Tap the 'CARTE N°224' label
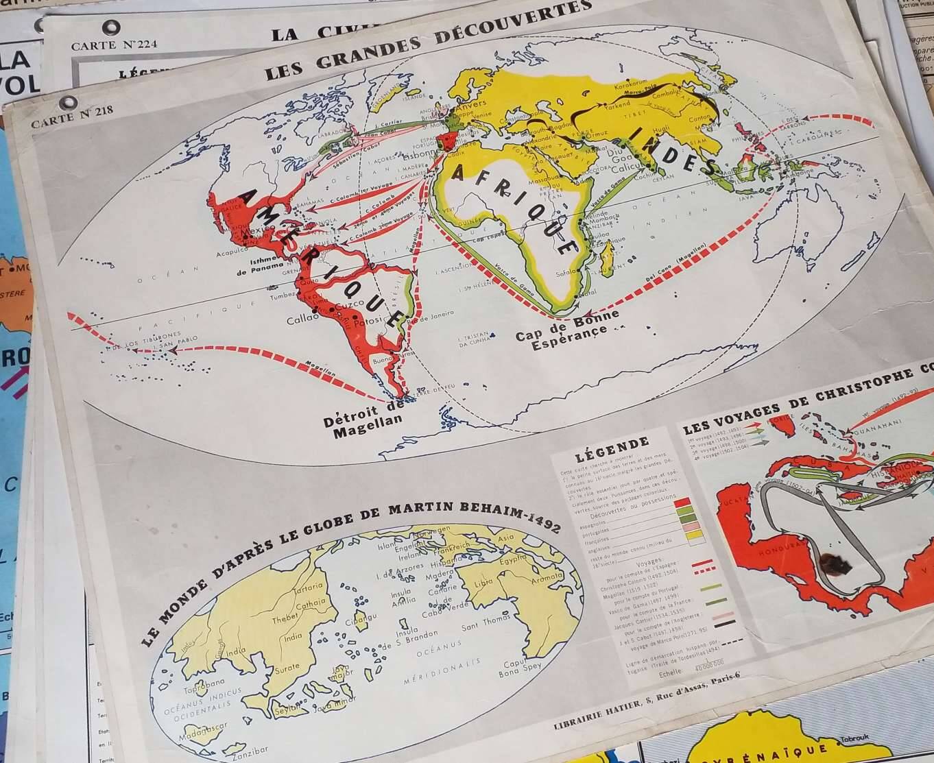tap(115, 45)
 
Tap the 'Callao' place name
tap(304, 320)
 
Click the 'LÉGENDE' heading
tap(612, 445)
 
